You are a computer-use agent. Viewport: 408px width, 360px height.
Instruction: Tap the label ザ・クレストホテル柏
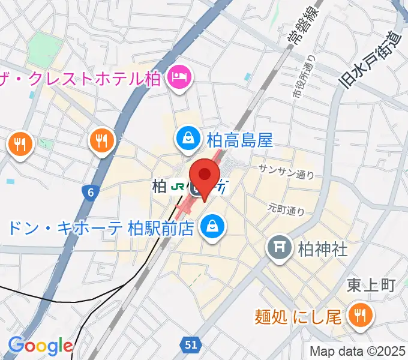pyautogui.click(x=80, y=77)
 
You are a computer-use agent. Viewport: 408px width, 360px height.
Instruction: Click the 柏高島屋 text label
pyautogui.click(x=239, y=140)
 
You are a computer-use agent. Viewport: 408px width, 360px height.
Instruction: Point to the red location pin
pyautogui.click(x=205, y=176)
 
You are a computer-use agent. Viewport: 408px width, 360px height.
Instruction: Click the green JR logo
pyautogui.click(x=178, y=187)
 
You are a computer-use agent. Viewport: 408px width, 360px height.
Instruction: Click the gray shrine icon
pyautogui.click(x=279, y=247)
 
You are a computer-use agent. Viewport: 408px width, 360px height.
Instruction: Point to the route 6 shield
pyautogui.click(x=90, y=192)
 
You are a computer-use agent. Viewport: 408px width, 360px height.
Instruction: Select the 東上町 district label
pyautogui.click(x=371, y=285)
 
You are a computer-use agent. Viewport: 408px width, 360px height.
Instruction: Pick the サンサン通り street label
pyautogui.click(x=286, y=172)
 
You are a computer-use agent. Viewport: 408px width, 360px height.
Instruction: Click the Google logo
pyautogui.click(x=40, y=345)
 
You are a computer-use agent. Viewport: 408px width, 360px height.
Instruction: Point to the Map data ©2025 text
pyautogui.click(x=358, y=351)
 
